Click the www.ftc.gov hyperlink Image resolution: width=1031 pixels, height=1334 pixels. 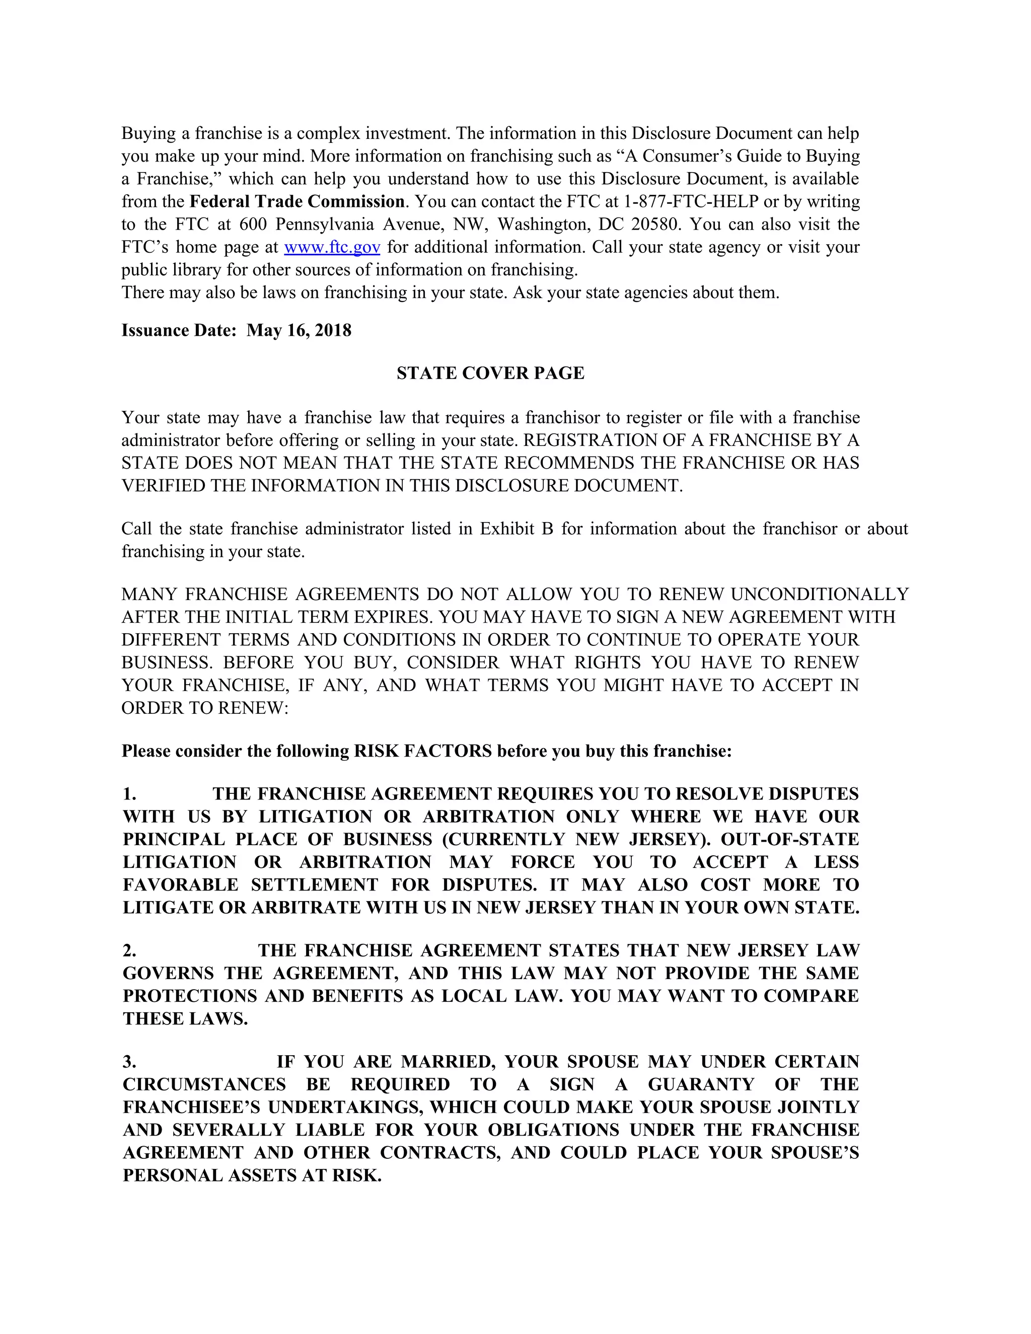tap(332, 247)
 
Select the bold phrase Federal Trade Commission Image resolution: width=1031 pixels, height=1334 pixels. tap(297, 201)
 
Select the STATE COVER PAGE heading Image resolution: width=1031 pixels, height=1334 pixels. tap(490, 373)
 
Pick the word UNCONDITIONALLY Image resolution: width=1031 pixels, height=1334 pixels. tap(820, 595)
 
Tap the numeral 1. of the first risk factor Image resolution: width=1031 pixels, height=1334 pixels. tap(129, 794)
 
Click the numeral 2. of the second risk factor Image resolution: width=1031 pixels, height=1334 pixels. tap(129, 950)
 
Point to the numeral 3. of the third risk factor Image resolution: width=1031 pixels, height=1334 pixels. tap(129, 1062)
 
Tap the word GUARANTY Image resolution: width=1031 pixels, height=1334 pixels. tap(701, 1084)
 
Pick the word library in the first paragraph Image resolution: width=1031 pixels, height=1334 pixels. tap(192, 270)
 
